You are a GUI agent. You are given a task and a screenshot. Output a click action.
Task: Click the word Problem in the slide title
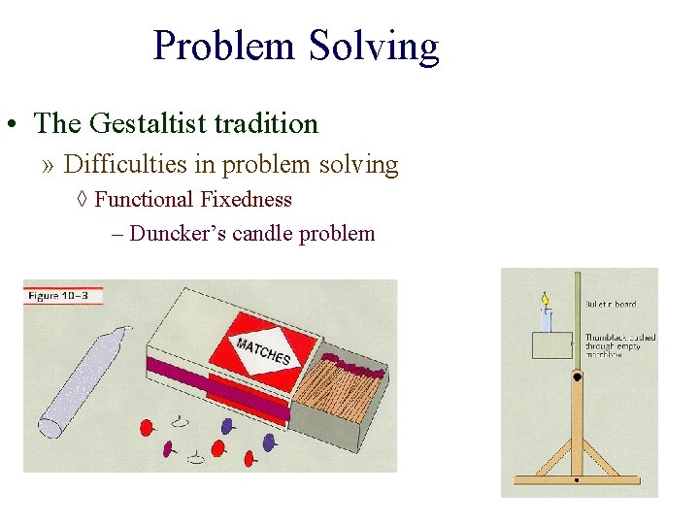(x=225, y=46)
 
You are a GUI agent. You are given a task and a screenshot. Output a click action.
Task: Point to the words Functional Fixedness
(x=193, y=200)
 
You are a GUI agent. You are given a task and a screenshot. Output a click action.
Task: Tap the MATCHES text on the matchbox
(x=263, y=350)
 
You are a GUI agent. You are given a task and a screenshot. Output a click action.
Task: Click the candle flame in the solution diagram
(x=545, y=299)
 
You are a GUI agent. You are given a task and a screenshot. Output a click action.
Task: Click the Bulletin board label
(x=610, y=304)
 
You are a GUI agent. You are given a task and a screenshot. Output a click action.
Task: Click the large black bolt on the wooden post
(x=577, y=376)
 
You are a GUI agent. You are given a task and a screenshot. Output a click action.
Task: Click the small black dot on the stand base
(x=576, y=480)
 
